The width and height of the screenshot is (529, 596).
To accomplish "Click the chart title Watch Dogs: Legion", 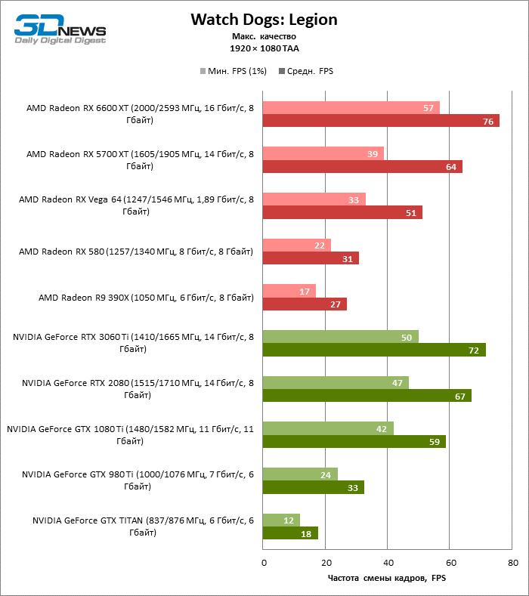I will (x=264, y=19).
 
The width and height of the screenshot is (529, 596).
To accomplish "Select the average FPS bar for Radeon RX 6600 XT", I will (x=380, y=121).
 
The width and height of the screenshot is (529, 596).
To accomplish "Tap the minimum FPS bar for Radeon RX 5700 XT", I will (x=323, y=153).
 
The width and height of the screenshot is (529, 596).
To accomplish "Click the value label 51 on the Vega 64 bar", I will (x=411, y=212).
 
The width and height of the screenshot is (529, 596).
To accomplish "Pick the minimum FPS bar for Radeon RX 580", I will (x=296, y=245).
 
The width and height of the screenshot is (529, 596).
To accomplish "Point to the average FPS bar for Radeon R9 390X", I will (x=304, y=304).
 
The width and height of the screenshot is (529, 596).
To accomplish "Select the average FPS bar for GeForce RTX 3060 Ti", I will (x=373, y=350).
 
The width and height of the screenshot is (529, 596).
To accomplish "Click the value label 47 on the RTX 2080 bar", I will (x=398, y=382).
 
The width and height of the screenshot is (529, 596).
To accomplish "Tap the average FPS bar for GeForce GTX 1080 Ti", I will (x=354, y=441).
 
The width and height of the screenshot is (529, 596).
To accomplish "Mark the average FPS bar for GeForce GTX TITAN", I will (x=289, y=533).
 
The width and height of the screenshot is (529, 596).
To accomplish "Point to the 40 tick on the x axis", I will (x=387, y=563).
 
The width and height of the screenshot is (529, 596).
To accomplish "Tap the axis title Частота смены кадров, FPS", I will (x=386, y=579).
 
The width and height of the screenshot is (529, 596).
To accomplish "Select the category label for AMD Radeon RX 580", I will (x=136, y=252).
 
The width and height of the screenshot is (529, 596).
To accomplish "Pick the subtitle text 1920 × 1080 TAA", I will (x=264, y=48).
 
